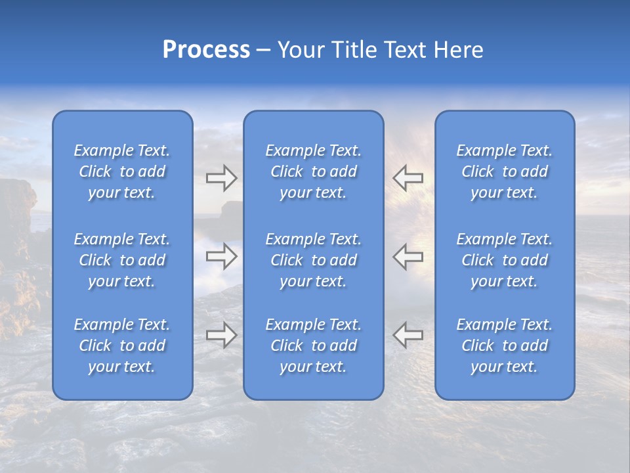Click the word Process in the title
(x=206, y=50)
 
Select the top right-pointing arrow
(x=222, y=178)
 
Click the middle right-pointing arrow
(x=222, y=256)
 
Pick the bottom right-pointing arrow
(x=222, y=335)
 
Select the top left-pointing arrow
(x=408, y=178)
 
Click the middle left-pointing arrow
(x=408, y=256)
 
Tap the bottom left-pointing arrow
(x=408, y=335)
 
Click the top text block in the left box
(x=122, y=171)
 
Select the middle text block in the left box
(x=122, y=260)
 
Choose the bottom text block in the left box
(x=122, y=346)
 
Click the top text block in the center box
(x=314, y=171)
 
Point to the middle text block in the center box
(x=314, y=260)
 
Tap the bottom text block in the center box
(x=314, y=346)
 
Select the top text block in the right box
(x=505, y=171)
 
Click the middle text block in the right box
(x=505, y=260)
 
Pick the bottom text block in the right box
(x=505, y=346)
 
